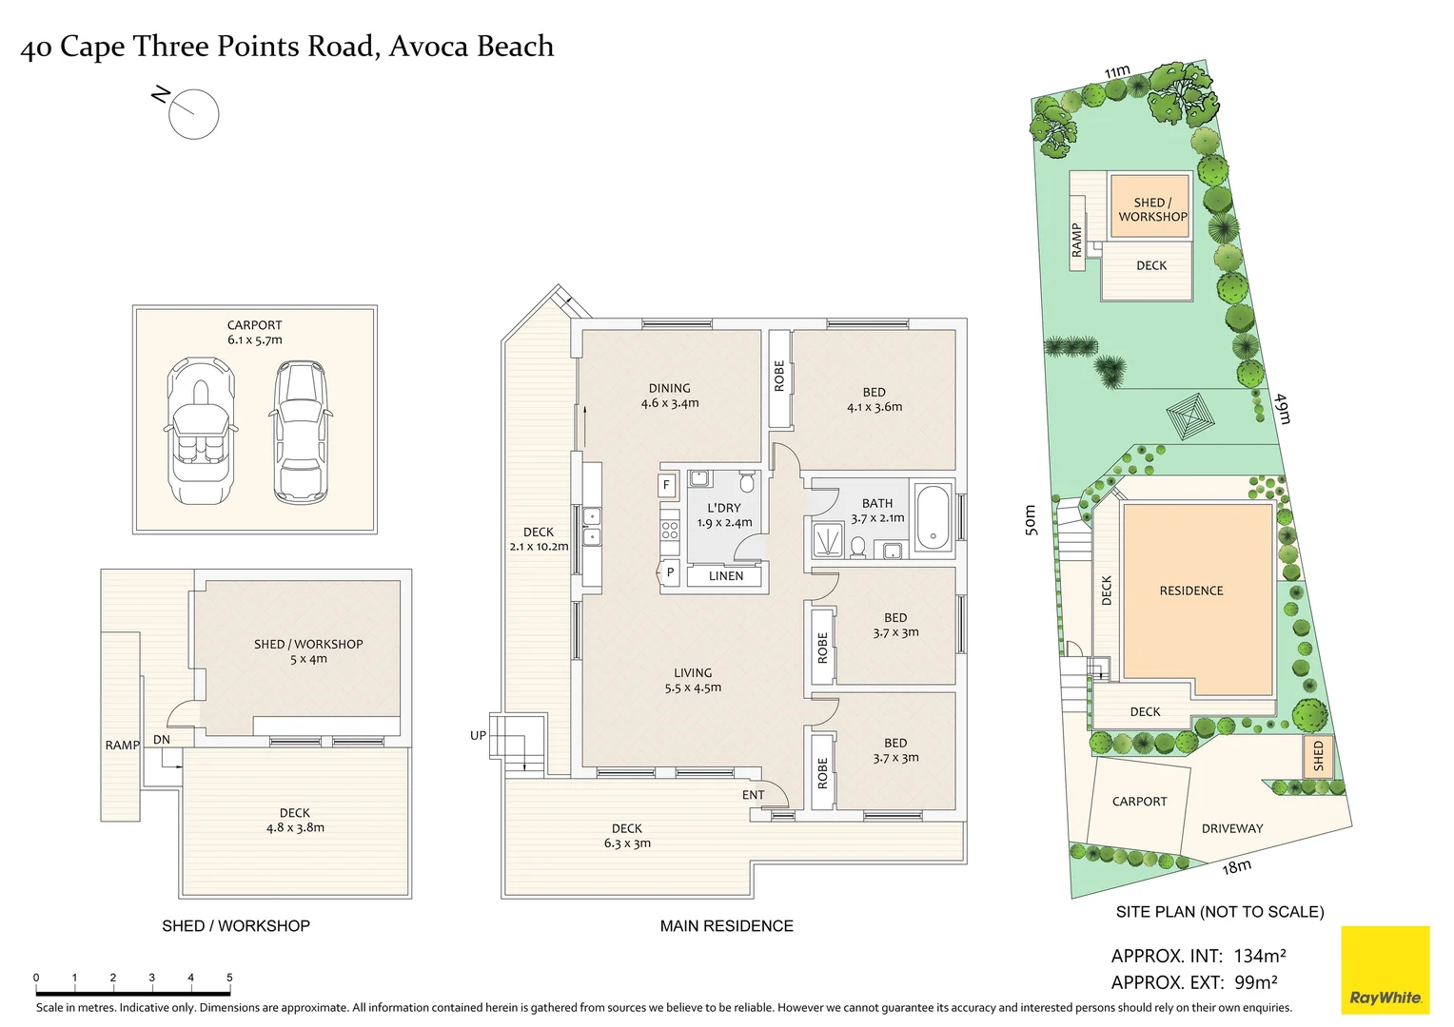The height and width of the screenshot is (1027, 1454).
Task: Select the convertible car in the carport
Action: [200, 430]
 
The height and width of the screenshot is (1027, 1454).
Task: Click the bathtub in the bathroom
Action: [933, 519]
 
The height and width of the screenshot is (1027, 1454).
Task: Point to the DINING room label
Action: [669, 388]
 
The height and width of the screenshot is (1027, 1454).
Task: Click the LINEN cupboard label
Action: [726, 576]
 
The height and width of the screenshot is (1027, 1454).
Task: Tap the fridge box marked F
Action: [666, 485]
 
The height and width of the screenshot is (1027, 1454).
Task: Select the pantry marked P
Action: [670, 572]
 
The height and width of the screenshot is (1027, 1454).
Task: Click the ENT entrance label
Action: [753, 795]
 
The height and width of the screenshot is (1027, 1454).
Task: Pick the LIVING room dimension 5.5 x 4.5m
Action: [693, 688]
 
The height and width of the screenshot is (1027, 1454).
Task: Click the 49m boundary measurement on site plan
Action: [1283, 408]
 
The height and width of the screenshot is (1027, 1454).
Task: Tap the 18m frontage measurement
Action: [1236, 866]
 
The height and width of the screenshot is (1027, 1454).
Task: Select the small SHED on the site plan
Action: [1318, 757]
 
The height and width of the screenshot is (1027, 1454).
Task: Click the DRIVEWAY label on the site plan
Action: [1232, 828]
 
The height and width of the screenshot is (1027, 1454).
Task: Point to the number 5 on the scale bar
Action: [229, 978]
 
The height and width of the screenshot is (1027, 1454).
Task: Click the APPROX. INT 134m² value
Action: [1260, 956]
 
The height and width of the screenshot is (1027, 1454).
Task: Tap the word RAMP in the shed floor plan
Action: [122, 746]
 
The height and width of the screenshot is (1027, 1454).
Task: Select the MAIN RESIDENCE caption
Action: [726, 926]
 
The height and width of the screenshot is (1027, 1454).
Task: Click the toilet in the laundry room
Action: [747, 482]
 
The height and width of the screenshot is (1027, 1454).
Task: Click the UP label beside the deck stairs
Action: [478, 735]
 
